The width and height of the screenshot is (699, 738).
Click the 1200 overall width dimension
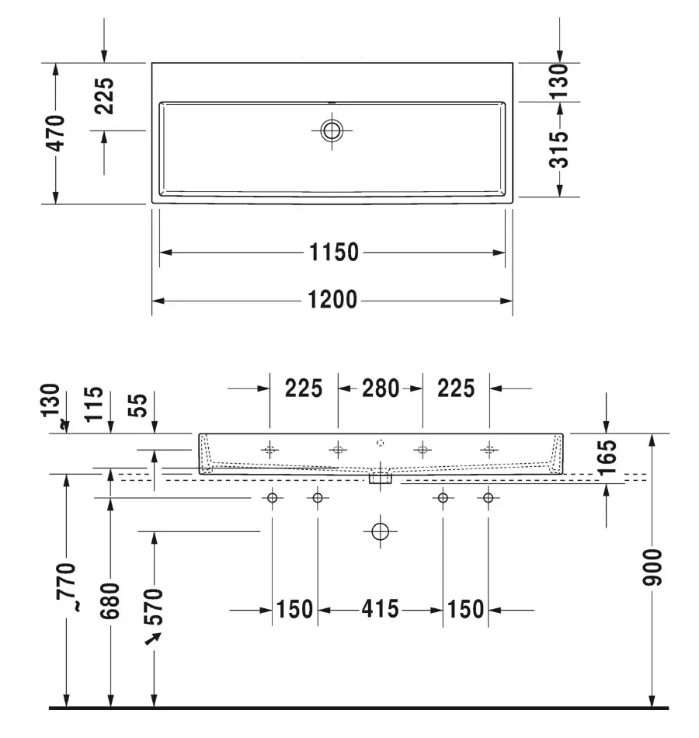[x=332, y=300]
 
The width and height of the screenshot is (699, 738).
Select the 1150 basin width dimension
[x=334, y=252]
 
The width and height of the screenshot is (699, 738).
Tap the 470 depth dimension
[x=56, y=133]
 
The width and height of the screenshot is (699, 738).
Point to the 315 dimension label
[x=558, y=149]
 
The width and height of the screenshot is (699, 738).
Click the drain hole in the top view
[x=332, y=131]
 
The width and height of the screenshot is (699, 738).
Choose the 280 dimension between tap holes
[x=381, y=388]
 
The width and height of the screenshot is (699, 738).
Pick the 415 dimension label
[x=381, y=609]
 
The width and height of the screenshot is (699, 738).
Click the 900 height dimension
[x=652, y=567]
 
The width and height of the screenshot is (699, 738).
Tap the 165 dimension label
[x=607, y=457]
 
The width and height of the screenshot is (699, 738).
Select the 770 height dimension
[x=66, y=587]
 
